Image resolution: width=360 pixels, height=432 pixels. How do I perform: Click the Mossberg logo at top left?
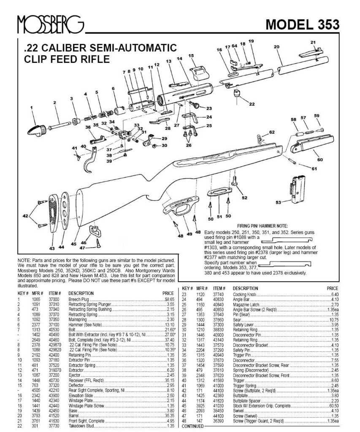(50, 25)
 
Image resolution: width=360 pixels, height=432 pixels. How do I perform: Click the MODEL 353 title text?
(302, 25)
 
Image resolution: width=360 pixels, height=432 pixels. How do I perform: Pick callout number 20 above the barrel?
(276, 47)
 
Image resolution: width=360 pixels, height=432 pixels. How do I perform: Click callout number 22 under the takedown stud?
(252, 104)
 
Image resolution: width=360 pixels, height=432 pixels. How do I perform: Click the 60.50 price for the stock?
(333, 405)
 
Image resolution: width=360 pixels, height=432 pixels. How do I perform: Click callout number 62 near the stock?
(272, 132)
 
